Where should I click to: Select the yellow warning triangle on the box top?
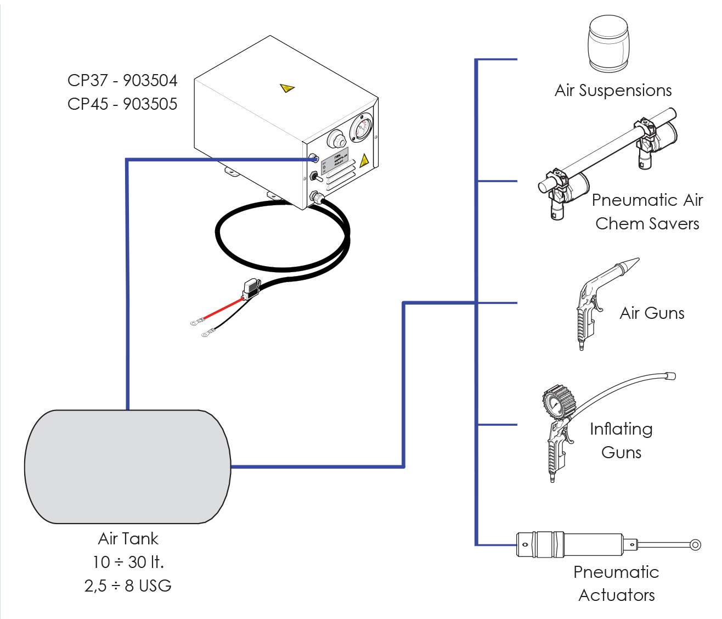click(287, 88)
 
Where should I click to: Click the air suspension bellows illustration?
click(608, 44)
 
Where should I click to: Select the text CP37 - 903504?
click(122, 81)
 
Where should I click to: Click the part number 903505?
click(150, 104)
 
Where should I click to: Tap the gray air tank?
click(127, 466)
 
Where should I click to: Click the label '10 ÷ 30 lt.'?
click(128, 562)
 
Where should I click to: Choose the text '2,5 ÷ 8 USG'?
click(128, 586)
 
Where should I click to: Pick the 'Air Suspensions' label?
click(613, 91)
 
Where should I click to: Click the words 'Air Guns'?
click(652, 313)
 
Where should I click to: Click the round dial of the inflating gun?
click(555, 405)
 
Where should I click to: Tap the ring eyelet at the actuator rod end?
click(695, 545)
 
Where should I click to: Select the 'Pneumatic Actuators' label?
click(616, 584)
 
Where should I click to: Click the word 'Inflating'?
click(621, 429)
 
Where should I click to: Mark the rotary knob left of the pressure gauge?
click(335, 139)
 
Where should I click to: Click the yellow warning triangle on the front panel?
click(364, 160)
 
